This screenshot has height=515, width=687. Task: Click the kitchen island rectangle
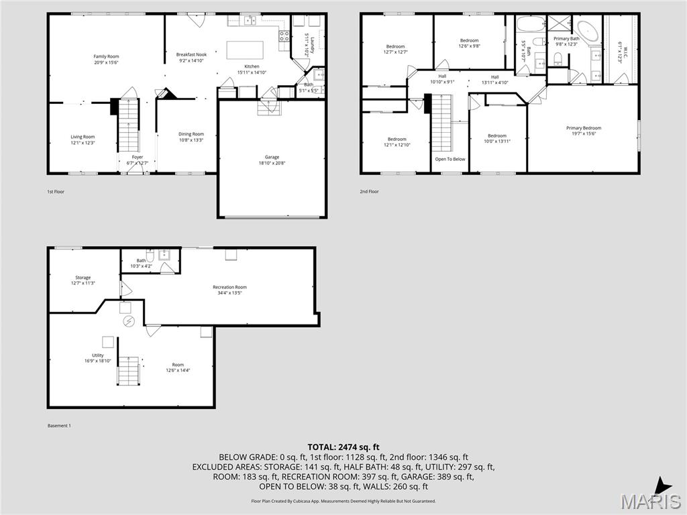coord(244,50)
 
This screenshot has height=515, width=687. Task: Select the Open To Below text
coord(450,159)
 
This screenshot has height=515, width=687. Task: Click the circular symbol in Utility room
coord(128,321)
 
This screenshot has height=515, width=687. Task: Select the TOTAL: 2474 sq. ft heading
coord(343,447)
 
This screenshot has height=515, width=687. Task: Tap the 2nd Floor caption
coord(369,192)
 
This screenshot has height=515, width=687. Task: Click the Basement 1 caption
coord(59,426)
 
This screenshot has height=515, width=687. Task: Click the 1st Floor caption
coord(55,192)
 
